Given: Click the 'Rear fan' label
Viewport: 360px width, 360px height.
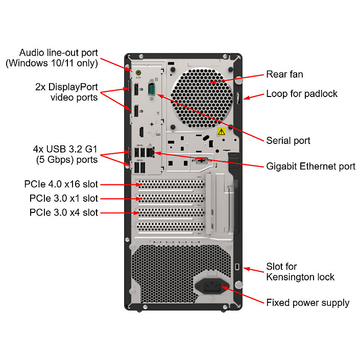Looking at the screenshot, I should pyautogui.click(x=284, y=75).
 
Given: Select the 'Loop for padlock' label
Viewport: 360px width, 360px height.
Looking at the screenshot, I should pyautogui.click(x=302, y=94).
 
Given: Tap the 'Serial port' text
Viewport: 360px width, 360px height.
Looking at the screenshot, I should pyautogui.click(x=288, y=140).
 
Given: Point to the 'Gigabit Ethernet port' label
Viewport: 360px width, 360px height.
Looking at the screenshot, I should pyautogui.click(x=310, y=166).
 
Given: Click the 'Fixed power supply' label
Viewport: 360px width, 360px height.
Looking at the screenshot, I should pyautogui.click(x=307, y=303).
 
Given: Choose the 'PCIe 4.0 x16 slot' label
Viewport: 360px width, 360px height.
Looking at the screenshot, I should pyautogui.click(x=61, y=184).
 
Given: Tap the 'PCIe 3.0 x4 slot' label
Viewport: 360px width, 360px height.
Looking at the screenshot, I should pyautogui.click(x=64, y=212).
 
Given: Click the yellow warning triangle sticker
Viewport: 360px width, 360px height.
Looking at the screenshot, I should pyautogui.click(x=221, y=132).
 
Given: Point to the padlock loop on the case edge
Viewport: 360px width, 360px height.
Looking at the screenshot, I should pyautogui.click(x=238, y=99).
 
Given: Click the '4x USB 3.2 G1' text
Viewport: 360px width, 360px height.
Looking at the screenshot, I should pyautogui.click(x=65, y=150).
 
